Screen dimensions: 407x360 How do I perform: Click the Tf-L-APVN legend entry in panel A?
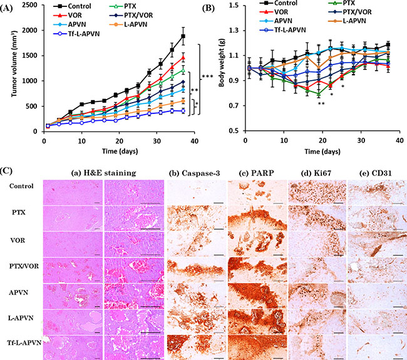[x=76, y=34]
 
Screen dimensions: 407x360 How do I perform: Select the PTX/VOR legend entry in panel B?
[x=349, y=12]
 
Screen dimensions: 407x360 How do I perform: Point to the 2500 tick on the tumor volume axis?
[x=30, y=5]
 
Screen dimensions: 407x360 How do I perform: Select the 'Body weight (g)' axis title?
[x=222, y=62]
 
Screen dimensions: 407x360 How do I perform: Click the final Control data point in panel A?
[x=183, y=36]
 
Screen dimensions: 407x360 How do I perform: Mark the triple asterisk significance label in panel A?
[x=207, y=76]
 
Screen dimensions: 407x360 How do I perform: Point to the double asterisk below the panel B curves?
[x=321, y=104]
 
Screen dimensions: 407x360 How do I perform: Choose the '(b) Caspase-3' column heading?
[x=194, y=173]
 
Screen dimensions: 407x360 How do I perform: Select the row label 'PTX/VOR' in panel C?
[x=24, y=266]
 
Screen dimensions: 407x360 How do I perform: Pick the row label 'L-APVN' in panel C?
[x=21, y=317]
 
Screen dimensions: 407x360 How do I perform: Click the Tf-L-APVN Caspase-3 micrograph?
[x=196, y=347]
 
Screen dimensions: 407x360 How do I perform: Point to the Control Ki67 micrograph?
[x=317, y=193]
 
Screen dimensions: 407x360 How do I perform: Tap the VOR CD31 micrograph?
[x=377, y=244]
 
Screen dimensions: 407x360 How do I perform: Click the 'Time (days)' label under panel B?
[x=322, y=152]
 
